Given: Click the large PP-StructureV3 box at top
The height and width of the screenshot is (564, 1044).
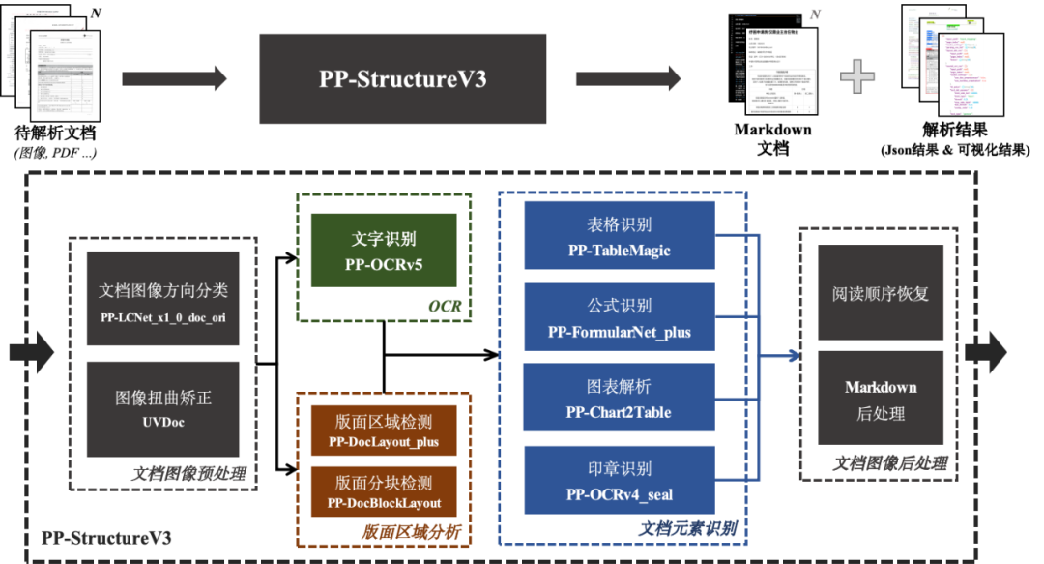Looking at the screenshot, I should [x=402, y=78].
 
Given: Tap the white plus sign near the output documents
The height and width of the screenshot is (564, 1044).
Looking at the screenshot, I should [x=856, y=75].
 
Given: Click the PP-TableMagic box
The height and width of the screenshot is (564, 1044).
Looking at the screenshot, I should [x=619, y=235].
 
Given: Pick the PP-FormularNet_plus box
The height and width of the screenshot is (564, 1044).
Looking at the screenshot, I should [x=619, y=316].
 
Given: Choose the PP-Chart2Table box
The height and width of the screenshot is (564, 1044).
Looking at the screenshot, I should [x=619, y=398].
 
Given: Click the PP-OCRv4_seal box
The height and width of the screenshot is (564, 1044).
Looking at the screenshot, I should [x=619, y=479].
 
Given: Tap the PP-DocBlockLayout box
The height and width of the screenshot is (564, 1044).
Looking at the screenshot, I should [x=383, y=492].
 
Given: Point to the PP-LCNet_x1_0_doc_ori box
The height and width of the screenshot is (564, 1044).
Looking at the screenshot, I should [x=163, y=300].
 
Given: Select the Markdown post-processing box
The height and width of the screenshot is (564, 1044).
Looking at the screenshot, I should [x=881, y=399].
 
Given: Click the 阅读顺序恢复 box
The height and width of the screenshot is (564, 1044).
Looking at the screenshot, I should [x=881, y=293].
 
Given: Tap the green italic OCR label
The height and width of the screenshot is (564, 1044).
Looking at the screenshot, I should [x=445, y=307].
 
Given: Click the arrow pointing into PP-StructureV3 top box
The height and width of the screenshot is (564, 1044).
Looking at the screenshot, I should [x=175, y=78].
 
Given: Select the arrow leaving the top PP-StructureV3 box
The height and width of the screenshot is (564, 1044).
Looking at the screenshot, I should [x=628, y=78].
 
